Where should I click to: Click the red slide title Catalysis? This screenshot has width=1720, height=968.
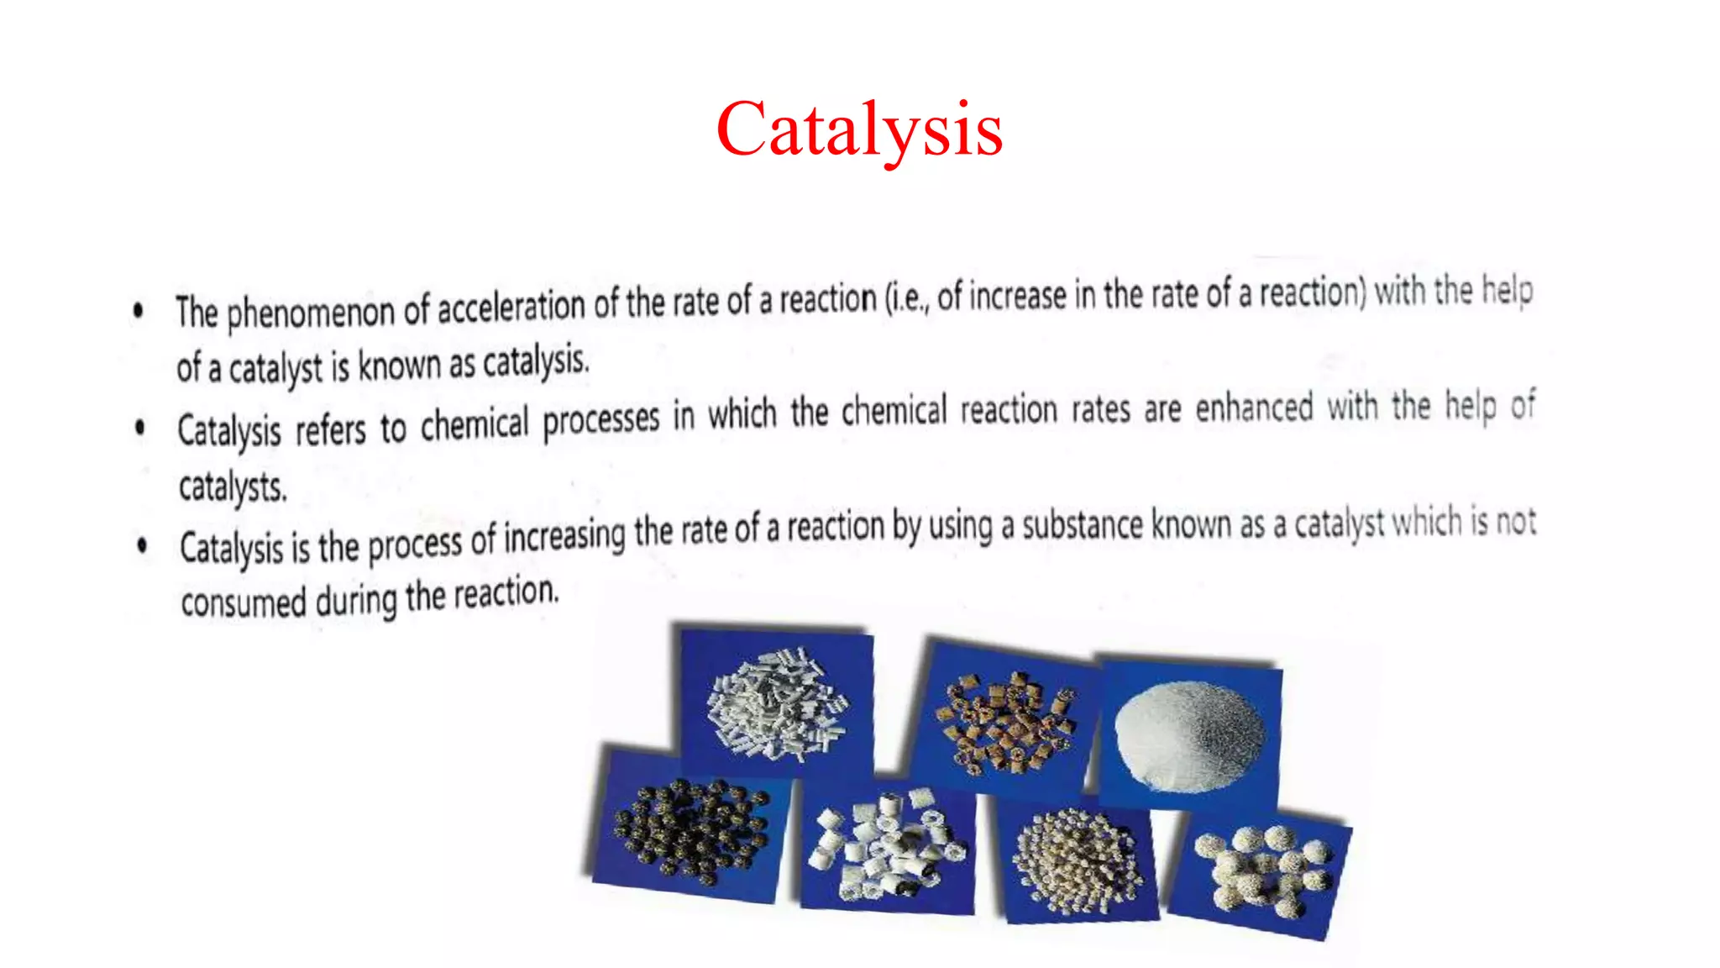859,129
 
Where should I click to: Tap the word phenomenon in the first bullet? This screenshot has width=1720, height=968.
310,312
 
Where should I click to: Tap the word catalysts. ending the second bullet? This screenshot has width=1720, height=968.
233,487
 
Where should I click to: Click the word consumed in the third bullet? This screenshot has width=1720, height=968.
244,602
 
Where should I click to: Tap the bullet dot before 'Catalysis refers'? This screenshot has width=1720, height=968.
140,428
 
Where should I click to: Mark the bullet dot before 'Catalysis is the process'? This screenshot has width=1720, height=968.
142,546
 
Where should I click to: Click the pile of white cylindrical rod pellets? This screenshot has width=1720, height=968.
777,702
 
